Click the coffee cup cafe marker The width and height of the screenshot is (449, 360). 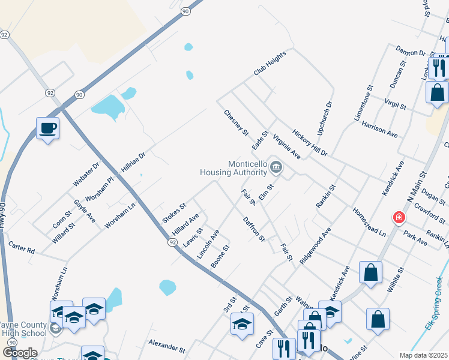point(47,128)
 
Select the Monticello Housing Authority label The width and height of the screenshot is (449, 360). point(232,168)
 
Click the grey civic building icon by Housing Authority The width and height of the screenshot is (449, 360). point(276,167)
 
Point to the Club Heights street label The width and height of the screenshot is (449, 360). point(270,63)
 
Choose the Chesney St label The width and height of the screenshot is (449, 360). point(236,122)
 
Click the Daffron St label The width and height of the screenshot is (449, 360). point(254,229)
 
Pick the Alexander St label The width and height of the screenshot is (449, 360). point(167,346)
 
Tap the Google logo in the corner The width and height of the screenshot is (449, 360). point(19,353)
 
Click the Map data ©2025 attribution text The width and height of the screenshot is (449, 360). point(423,355)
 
